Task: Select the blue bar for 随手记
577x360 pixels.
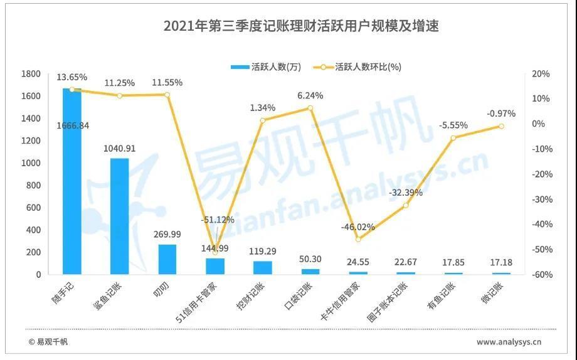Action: tap(71, 181)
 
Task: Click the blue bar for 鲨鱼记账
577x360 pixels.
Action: tap(119, 216)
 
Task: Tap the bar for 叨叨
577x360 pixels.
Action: tap(167, 259)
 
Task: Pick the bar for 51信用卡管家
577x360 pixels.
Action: tap(215, 267)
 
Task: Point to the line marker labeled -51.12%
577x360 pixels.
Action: tap(215, 251)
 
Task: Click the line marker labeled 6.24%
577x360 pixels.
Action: tap(310, 108)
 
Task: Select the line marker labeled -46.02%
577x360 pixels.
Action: tap(358, 239)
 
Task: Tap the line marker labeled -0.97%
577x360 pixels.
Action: tap(501, 126)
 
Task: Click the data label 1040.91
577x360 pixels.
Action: tap(119, 149)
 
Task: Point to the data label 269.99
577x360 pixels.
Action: tap(167, 235)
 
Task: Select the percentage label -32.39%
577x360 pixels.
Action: tap(406, 193)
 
